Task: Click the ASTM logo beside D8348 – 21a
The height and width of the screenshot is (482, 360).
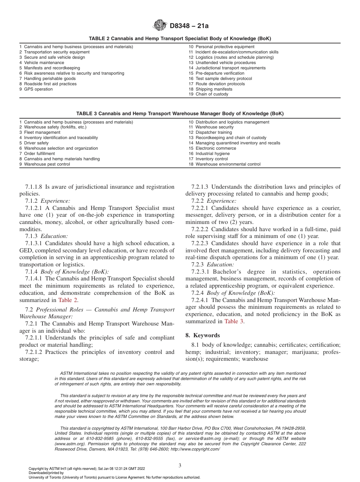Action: click(x=160, y=26)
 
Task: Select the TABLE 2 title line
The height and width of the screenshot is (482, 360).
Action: click(x=180, y=39)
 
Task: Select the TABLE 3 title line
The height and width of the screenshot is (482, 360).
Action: click(x=180, y=114)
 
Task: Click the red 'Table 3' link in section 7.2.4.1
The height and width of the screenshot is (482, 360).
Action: click(x=234, y=321)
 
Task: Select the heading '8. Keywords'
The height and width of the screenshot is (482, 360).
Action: click(x=202, y=335)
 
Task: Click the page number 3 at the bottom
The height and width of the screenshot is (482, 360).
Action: click(x=180, y=465)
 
